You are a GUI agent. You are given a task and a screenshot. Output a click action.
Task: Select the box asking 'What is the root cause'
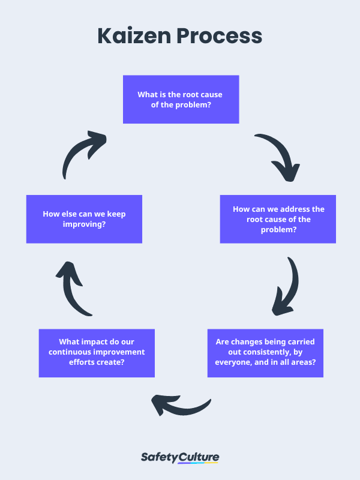pyautogui.click(x=181, y=99)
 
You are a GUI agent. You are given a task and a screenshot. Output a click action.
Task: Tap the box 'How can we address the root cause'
pyautogui.click(x=278, y=219)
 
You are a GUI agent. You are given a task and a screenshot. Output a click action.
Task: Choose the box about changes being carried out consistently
pyautogui.click(x=265, y=352)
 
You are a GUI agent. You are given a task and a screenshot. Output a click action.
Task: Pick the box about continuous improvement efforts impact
pyautogui.click(x=97, y=352)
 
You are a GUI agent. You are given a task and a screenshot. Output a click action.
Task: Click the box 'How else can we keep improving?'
pyautogui.click(x=84, y=219)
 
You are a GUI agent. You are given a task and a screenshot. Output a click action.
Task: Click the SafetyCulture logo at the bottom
pyautogui.click(x=180, y=458)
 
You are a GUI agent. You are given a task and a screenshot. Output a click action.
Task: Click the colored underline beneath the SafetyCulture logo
pyautogui.click(x=198, y=463)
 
